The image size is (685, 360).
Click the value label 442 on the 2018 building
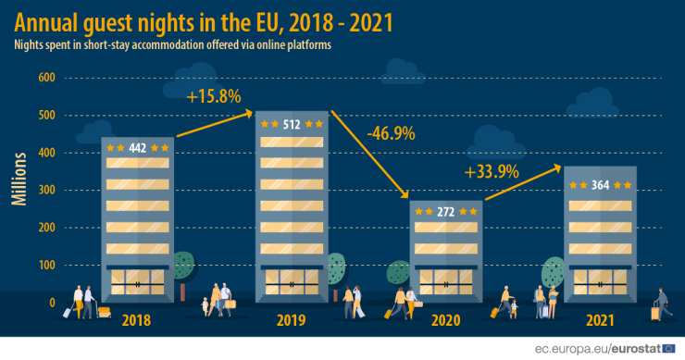(x=138, y=147)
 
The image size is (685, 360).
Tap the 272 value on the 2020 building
(x=445, y=212)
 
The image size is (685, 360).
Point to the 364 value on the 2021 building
(x=601, y=185)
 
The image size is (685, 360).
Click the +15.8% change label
(x=213, y=96)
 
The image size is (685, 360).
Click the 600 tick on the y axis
(x=46, y=78)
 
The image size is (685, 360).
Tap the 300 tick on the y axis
(x=46, y=190)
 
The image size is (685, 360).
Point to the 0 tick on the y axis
(x=53, y=302)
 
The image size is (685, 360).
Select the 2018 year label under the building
(x=137, y=320)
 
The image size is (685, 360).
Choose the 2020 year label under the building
(x=445, y=320)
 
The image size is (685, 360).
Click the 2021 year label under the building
(x=601, y=320)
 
